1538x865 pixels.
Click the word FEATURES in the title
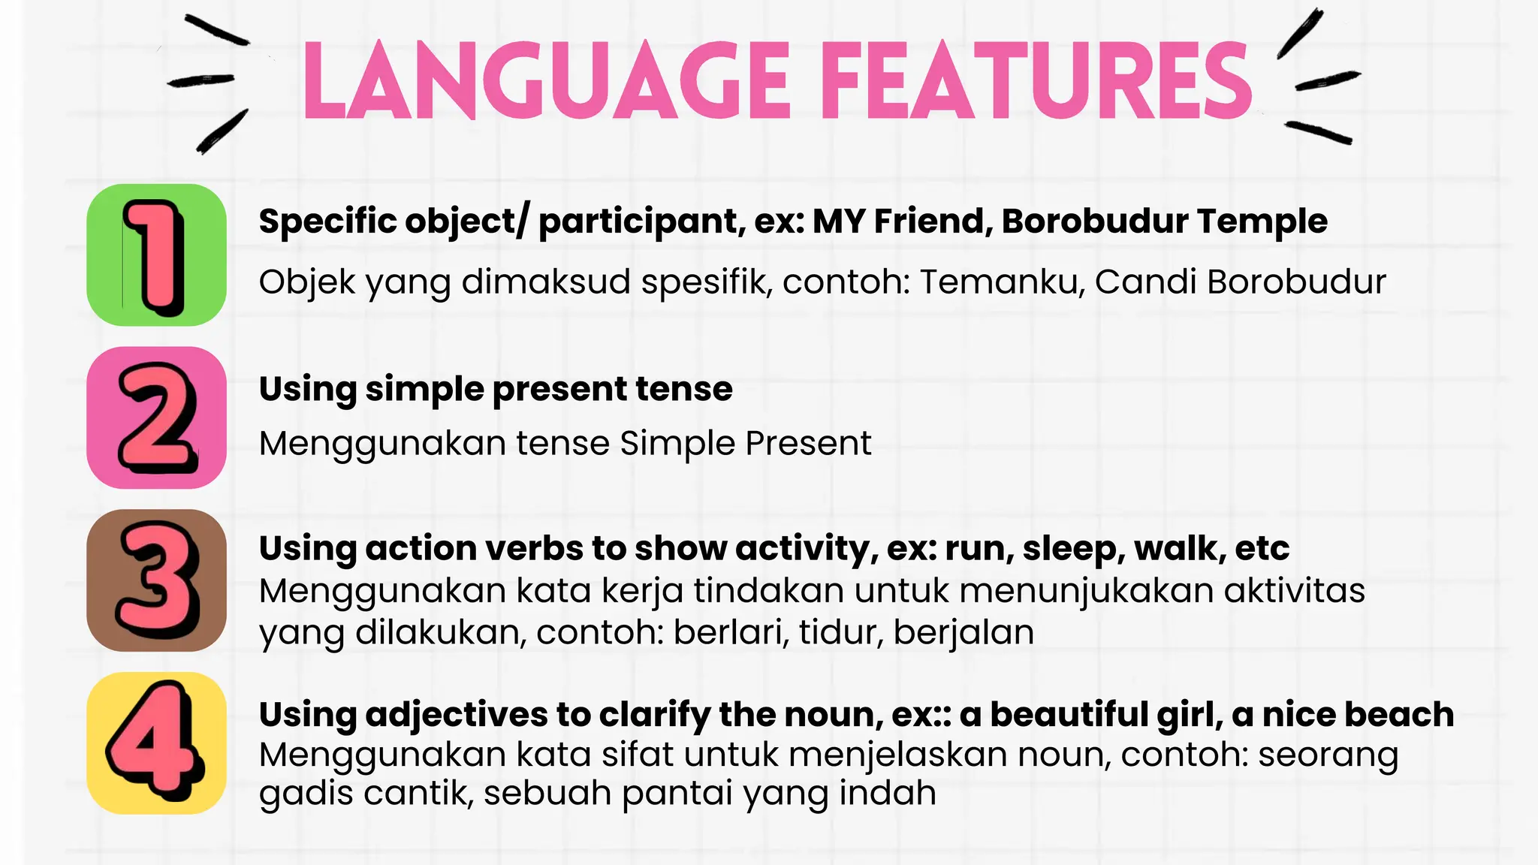[x=1037, y=81]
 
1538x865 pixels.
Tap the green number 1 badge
[x=156, y=255]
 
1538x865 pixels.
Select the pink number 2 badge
[x=156, y=417]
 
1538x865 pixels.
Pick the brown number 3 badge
[x=156, y=580]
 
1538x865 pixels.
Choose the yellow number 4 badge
[x=156, y=743]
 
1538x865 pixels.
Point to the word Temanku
[x=1003, y=282]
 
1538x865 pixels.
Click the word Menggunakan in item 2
[x=382, y=444]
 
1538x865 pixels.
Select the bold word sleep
[x=1072, y=549]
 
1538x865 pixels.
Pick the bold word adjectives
[x=457, y=715]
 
